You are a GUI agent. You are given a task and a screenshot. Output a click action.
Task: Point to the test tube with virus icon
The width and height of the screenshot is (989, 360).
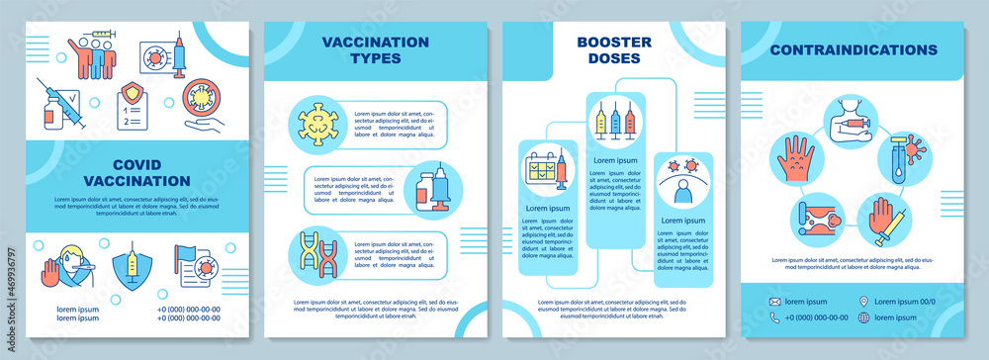click(900, 157)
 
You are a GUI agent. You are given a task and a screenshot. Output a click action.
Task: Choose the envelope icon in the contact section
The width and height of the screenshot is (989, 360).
click(775, 302)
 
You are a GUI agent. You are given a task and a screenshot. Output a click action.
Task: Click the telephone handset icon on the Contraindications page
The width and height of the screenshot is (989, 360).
click(775, 318)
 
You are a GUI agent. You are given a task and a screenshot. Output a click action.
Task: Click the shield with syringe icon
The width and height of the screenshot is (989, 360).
click(130, 266)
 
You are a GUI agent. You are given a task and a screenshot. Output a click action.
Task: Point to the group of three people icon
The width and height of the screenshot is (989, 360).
click(93, 56)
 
